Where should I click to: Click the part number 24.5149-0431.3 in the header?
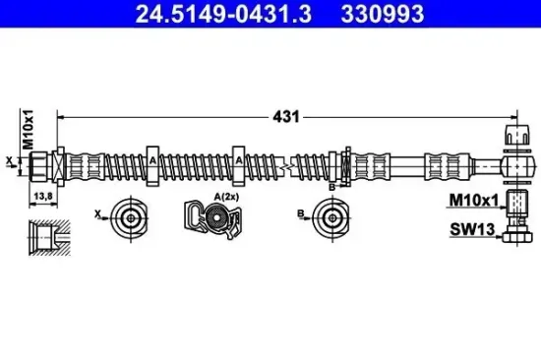coord(223,14)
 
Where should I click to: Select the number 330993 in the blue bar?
coord(383,14)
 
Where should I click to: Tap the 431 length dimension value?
coord(286,117)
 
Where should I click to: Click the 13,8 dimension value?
coord(43,196)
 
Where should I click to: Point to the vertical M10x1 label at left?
coord(28,130)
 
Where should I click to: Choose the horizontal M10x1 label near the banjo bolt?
coord(474,201)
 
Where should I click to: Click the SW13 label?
coord(472,229)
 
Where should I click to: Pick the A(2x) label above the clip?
coord(226,197)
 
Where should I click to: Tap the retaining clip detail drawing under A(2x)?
coord(212,218)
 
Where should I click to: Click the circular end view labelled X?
coord(130,218)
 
